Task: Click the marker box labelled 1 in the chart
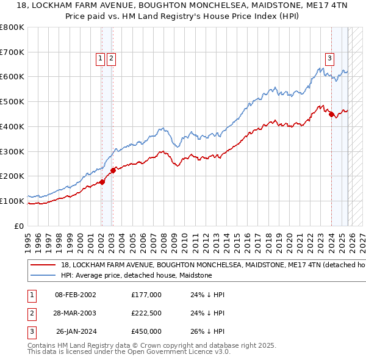coord(100,59)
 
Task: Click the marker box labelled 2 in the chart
coord(112,59)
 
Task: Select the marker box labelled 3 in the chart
coord(329,59)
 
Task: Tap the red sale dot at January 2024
coord(331,113)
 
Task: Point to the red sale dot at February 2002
coord(102,182)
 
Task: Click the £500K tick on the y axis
coord(12,101)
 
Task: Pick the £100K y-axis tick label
coord(12,201)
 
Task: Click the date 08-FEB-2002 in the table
coord(75,295)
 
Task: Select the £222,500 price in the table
coord(146,313)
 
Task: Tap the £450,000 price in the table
coord(146,331)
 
